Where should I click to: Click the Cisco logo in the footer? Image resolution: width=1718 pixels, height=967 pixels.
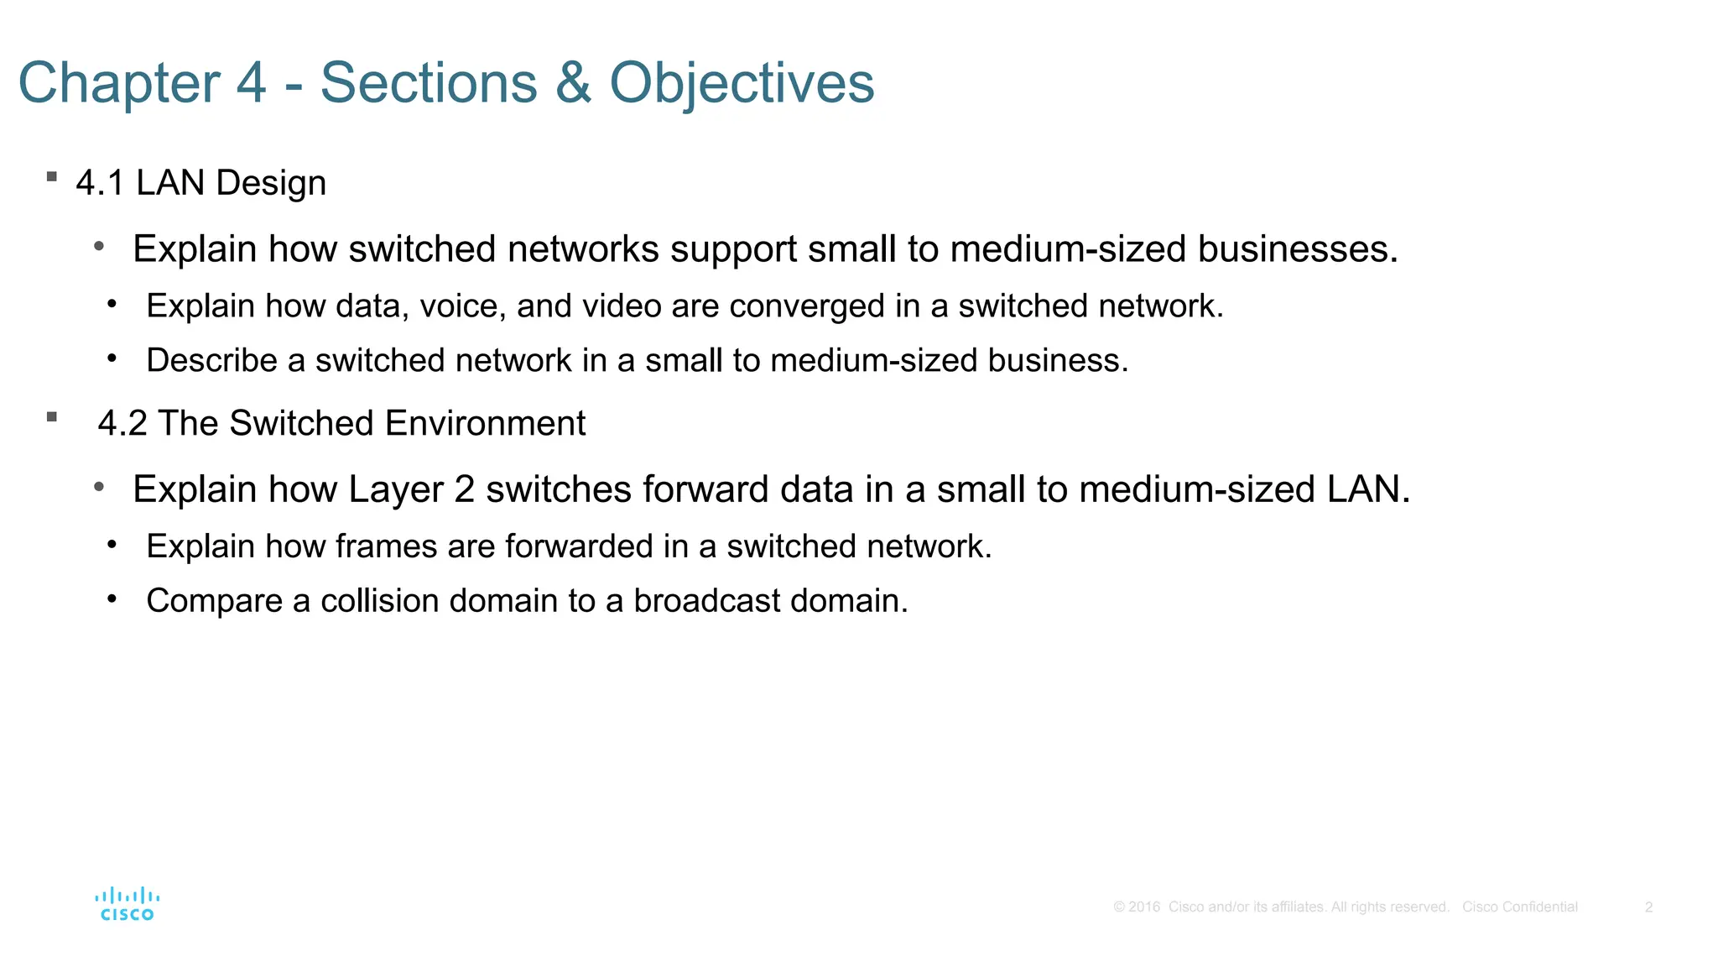(x=128, y=904)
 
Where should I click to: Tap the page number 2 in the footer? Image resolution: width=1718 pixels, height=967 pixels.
(x=1648, y=907)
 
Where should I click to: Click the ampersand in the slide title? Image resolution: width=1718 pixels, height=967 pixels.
(x=573, y=83)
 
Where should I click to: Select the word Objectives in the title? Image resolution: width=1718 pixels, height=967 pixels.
(x=742, y=83)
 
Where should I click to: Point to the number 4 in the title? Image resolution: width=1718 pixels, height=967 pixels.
(x=252, y=83)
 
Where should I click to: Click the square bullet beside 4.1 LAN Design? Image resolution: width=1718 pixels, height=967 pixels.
(x=52, y=177)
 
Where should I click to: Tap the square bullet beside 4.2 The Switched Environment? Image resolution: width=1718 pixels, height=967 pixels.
(x=52, y=417)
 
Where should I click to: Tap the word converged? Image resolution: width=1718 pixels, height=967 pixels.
(x=807, y=306)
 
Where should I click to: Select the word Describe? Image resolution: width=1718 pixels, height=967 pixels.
(x=212, y=361)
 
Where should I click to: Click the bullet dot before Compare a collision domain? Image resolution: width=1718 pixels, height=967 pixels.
(x=112, y=598)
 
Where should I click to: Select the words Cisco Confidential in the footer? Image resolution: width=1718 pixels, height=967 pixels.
(x=1519, y=907)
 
